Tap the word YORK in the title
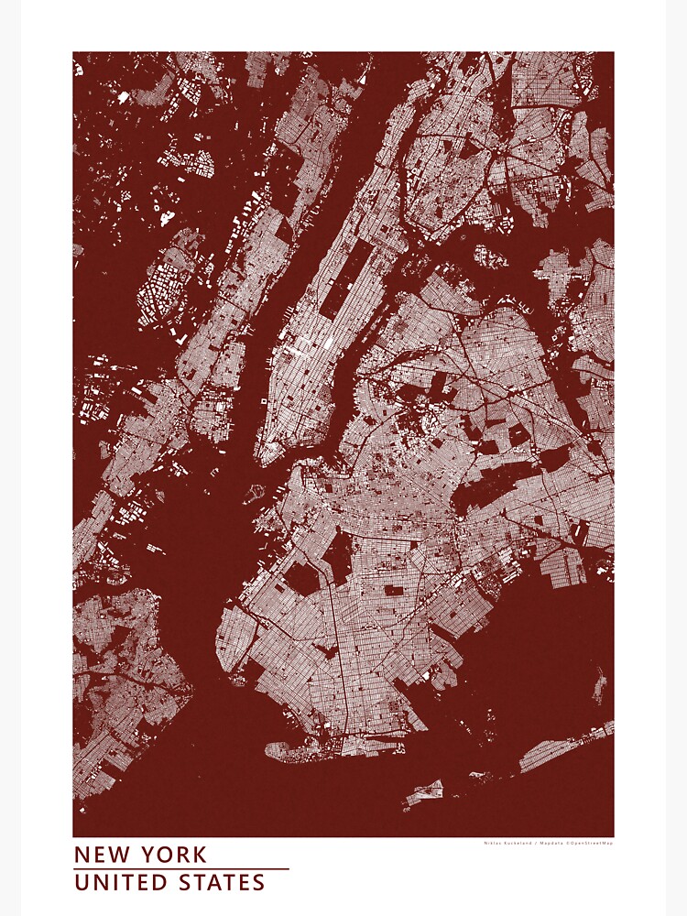coord(174,855)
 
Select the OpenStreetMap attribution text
coord(592,844)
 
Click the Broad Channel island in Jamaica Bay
coord(599,682)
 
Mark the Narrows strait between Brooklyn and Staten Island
coord(206,660)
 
